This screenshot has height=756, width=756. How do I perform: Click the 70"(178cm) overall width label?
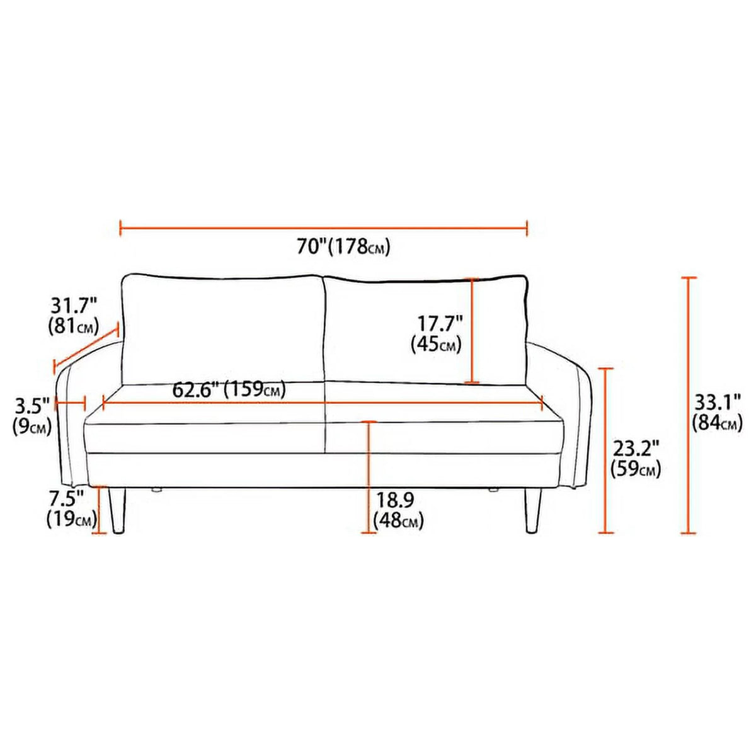click(x=343, y=247)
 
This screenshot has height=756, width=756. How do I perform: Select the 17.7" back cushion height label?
click(x=440, y=325)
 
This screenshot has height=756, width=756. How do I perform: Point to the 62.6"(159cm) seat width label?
click(x=228, y=389)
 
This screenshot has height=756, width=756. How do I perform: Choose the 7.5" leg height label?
click(x=67, y=500)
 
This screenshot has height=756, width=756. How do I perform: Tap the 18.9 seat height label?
click(x=394, y=501)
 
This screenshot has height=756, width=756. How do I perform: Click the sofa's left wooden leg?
click(x=118, y=509)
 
